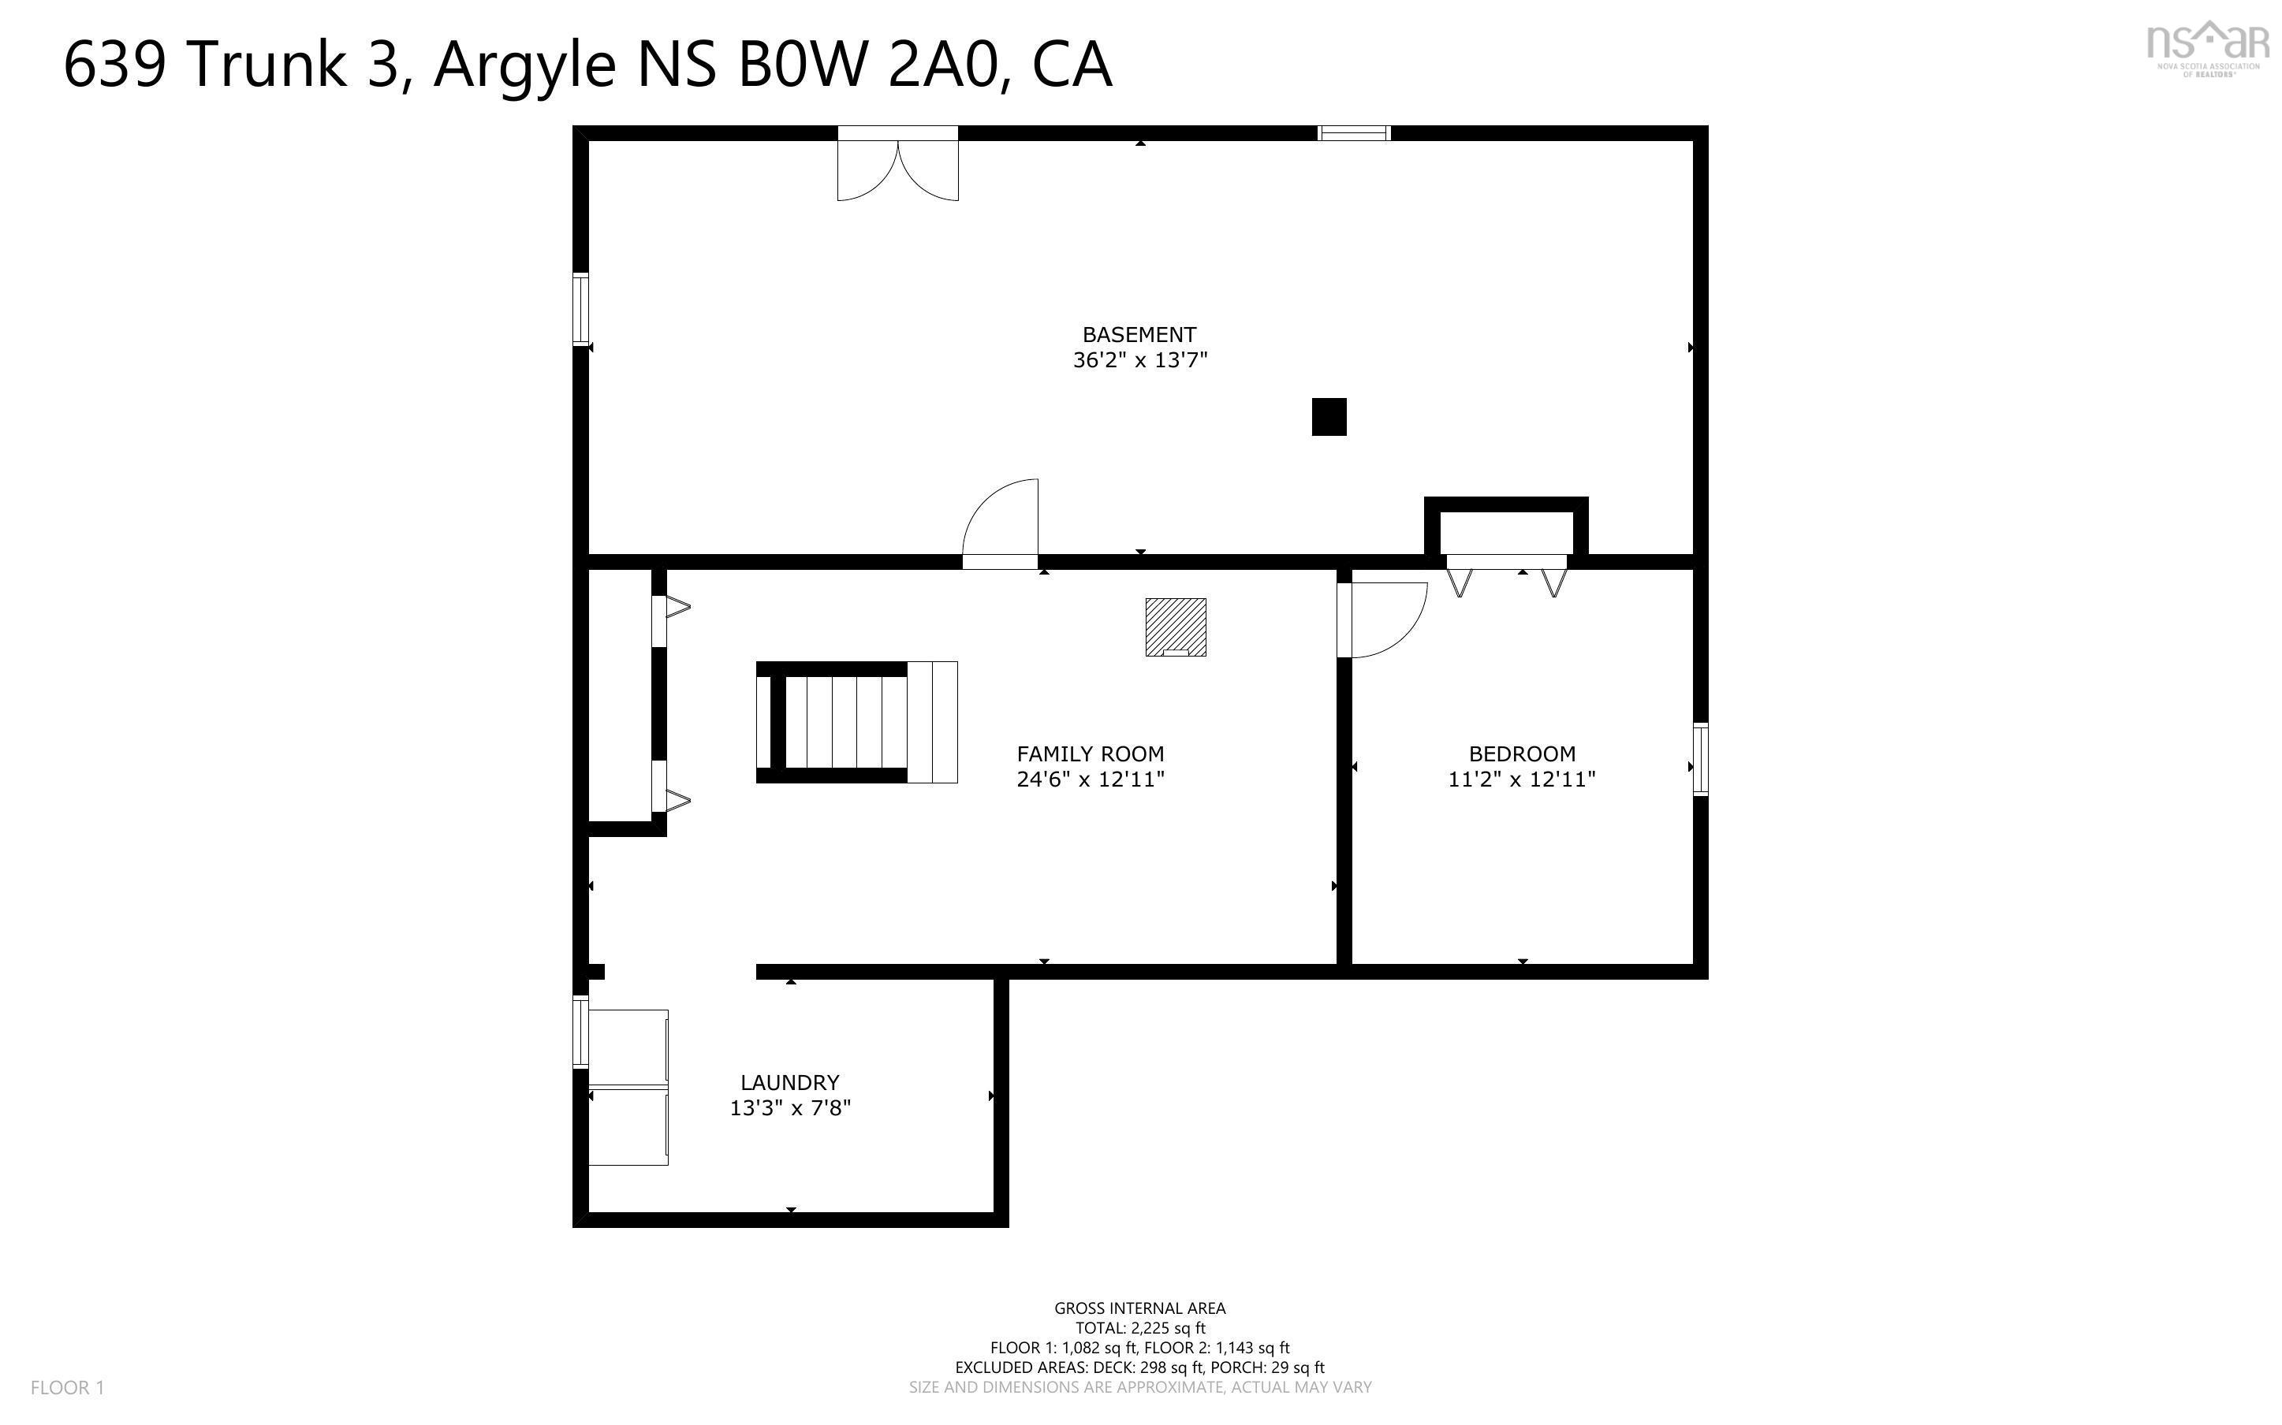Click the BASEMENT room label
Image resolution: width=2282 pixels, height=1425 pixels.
tap(1139, 334)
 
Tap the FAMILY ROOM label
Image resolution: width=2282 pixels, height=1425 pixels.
tap(1090, 754)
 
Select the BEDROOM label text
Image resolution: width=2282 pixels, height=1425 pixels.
tap(1521, 754)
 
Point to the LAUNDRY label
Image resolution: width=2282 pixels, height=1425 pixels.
tap(789, 1082)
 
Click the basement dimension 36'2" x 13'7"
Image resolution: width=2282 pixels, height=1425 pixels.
tap(1139, 360)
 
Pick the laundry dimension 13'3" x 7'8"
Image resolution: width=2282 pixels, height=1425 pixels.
tap(790, 1107)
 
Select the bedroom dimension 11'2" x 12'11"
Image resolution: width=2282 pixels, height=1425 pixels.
tap(1521, 779)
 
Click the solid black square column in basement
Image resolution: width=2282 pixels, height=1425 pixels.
tap(1329, 417)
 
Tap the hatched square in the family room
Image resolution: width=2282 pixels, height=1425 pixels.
tap(1176, 627)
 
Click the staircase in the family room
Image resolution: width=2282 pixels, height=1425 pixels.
tap(856, 722)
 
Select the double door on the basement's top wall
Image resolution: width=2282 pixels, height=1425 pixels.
tap(897, 168)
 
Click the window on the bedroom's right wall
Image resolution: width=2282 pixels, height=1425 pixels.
tap(1699, 759)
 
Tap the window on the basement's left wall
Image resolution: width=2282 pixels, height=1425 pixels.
tap(580, 308)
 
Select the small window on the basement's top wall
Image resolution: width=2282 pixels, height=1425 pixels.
tap(1354, 133)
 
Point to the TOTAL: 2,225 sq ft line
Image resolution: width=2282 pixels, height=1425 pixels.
tap(1139, 1328)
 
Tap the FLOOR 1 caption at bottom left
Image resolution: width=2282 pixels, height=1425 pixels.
tap(67, 1387)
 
